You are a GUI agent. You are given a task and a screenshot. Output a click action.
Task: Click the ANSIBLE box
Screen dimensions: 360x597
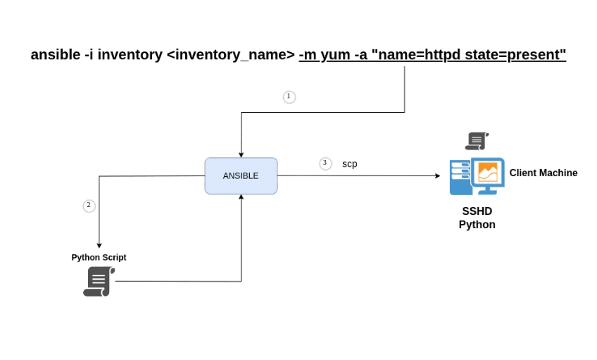coord(241,176)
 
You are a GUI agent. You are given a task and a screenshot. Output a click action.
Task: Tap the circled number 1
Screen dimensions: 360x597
coord(289,97)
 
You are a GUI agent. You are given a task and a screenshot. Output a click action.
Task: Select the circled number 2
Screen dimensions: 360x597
coord(89,206)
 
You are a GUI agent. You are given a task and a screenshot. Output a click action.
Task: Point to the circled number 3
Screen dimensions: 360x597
coord(325,163)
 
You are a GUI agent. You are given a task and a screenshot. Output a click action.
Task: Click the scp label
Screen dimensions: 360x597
coord(350,164)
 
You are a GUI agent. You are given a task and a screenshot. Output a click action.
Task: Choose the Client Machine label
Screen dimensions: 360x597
coord(543,173)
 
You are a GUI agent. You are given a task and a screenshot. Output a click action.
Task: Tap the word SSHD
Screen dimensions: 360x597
coord(477,211)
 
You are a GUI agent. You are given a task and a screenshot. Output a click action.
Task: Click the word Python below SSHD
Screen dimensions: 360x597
coord(477,225)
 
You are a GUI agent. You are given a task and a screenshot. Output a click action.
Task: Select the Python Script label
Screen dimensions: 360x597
coord(99,258)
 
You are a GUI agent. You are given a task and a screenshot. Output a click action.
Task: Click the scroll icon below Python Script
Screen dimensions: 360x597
coord(99,282)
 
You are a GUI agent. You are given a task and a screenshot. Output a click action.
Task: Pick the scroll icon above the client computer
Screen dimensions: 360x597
coord(477,141)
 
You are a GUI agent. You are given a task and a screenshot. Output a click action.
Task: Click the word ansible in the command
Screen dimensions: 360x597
coord(55,55)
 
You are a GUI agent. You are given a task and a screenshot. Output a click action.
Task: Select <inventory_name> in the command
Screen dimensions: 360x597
coord(230,55)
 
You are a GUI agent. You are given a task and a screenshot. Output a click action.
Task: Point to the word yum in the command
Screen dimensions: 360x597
coord(335,55)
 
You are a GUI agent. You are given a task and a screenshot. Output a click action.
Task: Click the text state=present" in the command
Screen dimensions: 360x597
coord(515,55)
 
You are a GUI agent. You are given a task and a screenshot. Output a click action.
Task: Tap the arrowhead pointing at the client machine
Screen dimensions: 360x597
coord(437,176)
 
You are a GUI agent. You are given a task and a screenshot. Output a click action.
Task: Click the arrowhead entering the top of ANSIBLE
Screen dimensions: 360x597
coord(241,154)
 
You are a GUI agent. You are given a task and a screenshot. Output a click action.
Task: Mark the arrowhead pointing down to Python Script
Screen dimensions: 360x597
coord(99,244)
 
